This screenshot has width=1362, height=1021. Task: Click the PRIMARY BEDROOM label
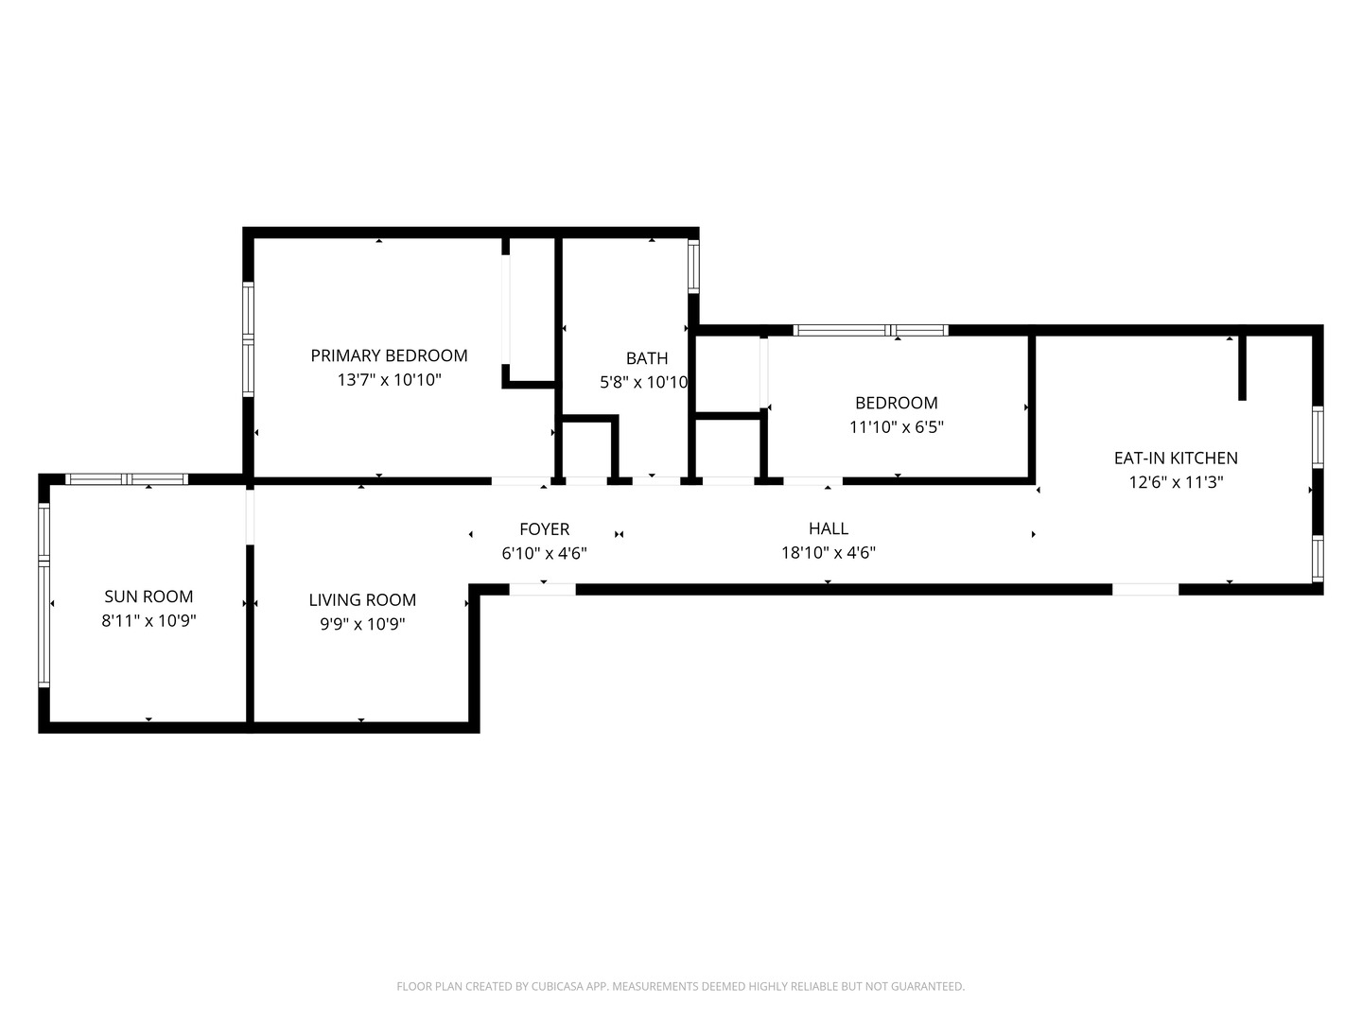pyautogui.click(x=389, y=355)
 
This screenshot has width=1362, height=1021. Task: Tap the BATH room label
pyautogui.click(x=647, y=358)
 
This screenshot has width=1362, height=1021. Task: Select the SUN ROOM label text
pyautogui.click(x=148, y=597)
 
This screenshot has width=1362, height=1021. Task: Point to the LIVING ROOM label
pyautogui.click(x=362, y=600)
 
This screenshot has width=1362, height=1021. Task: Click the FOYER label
pyautogui.click(x=544, y=529)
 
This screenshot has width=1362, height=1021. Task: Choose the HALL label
pyautogui.click(x=829, y=528)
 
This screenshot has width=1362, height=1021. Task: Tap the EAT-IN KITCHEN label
pyautogui.click(x=1176, y=459)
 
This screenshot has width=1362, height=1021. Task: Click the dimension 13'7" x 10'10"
pyautogui.click(x=389, y=379)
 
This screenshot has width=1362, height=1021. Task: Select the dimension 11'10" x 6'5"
pyautogui.click(x=897, y=426)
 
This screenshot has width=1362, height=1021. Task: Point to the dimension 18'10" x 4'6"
pyautogui.click(x=829, y=552)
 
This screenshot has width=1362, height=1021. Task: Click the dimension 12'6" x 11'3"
pyautogui.click(x=1176, y=482)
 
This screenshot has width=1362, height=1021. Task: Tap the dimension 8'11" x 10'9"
pyautogui.click(x=148, y=620)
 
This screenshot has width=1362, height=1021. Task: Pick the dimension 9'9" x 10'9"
pyautogui.click(x=362, y=624)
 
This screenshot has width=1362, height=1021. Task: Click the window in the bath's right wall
pyautogui.click(x=693, y=266)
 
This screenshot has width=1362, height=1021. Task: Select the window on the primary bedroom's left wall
pyautogui.click(x=248, y=339)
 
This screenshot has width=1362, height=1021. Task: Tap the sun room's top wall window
pyautogui.click(x=127, y=478)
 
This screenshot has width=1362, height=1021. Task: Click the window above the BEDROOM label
pyautogui.click(x=870, y=331)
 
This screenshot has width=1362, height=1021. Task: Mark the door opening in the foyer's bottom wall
pyautogui.click(x=542, y=590)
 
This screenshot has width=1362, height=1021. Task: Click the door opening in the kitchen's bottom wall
pyautogui.click(x=1145, y=590)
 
